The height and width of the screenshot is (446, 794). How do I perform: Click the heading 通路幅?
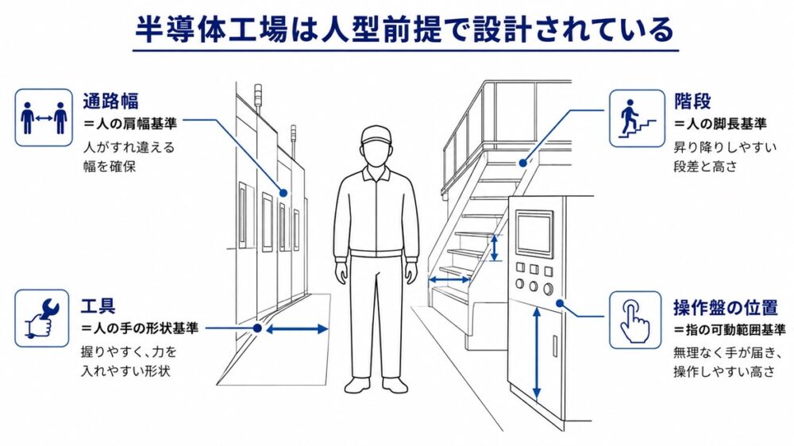[x=111, y=102]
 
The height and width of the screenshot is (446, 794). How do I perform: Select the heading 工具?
[x=98, y=306]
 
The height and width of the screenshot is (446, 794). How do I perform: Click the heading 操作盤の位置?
[x=725, y=307]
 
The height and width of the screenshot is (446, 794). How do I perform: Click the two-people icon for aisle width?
[x=44, y=117]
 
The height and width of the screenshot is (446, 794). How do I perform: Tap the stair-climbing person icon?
[x=637, y=118]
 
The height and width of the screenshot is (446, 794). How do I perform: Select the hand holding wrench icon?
[x=42, y=318]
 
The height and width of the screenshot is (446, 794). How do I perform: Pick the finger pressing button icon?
[x=635, y=320]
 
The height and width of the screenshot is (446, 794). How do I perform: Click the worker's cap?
[x=376, y=135]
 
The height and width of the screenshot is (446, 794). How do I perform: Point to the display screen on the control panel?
[x=534, y=233]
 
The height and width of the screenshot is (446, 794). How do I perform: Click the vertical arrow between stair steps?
[x=494, y=248]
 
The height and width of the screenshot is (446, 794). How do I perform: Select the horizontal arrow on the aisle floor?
[x=297, y=329]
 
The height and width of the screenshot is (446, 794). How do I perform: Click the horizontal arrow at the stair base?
[x=449, y=279]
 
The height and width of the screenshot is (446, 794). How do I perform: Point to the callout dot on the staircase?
[x=522, y=163]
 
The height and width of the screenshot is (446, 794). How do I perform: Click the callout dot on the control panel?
[x=560, y=303]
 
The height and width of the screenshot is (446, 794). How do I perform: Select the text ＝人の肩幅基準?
[x=130, y=124]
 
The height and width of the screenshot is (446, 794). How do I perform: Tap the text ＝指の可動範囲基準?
[x=729, y=330]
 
